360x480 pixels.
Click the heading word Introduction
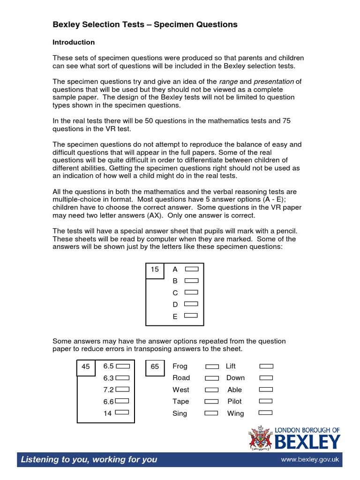[x=74, y=42]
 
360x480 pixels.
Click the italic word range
[x=229, y=82]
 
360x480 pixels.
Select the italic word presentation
[x=274, y=82]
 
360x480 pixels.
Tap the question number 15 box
[x=155, y=270]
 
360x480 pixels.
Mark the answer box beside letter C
[x=191, y=292]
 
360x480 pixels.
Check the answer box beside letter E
[x=191, y=316]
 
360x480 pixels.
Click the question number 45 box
[x=85, y=367]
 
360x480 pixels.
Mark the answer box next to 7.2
[x=122, y=389]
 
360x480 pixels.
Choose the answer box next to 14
[x=122, y=412]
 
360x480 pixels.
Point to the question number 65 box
[x=155, y=367]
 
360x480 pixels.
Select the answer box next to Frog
[x=212, y=366]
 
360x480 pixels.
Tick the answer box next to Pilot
[x=266, y=401]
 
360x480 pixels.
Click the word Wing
[x=235, y=413]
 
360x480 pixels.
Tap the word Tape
[x=180, y=401]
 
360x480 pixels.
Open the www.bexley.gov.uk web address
[x=310, y=460]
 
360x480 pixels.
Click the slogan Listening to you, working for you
[x=89, y=459]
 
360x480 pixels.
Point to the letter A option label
[x=175, y=269]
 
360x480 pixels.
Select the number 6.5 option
[x=108, y=366]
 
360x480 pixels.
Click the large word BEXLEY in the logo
[x=307, y=442]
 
